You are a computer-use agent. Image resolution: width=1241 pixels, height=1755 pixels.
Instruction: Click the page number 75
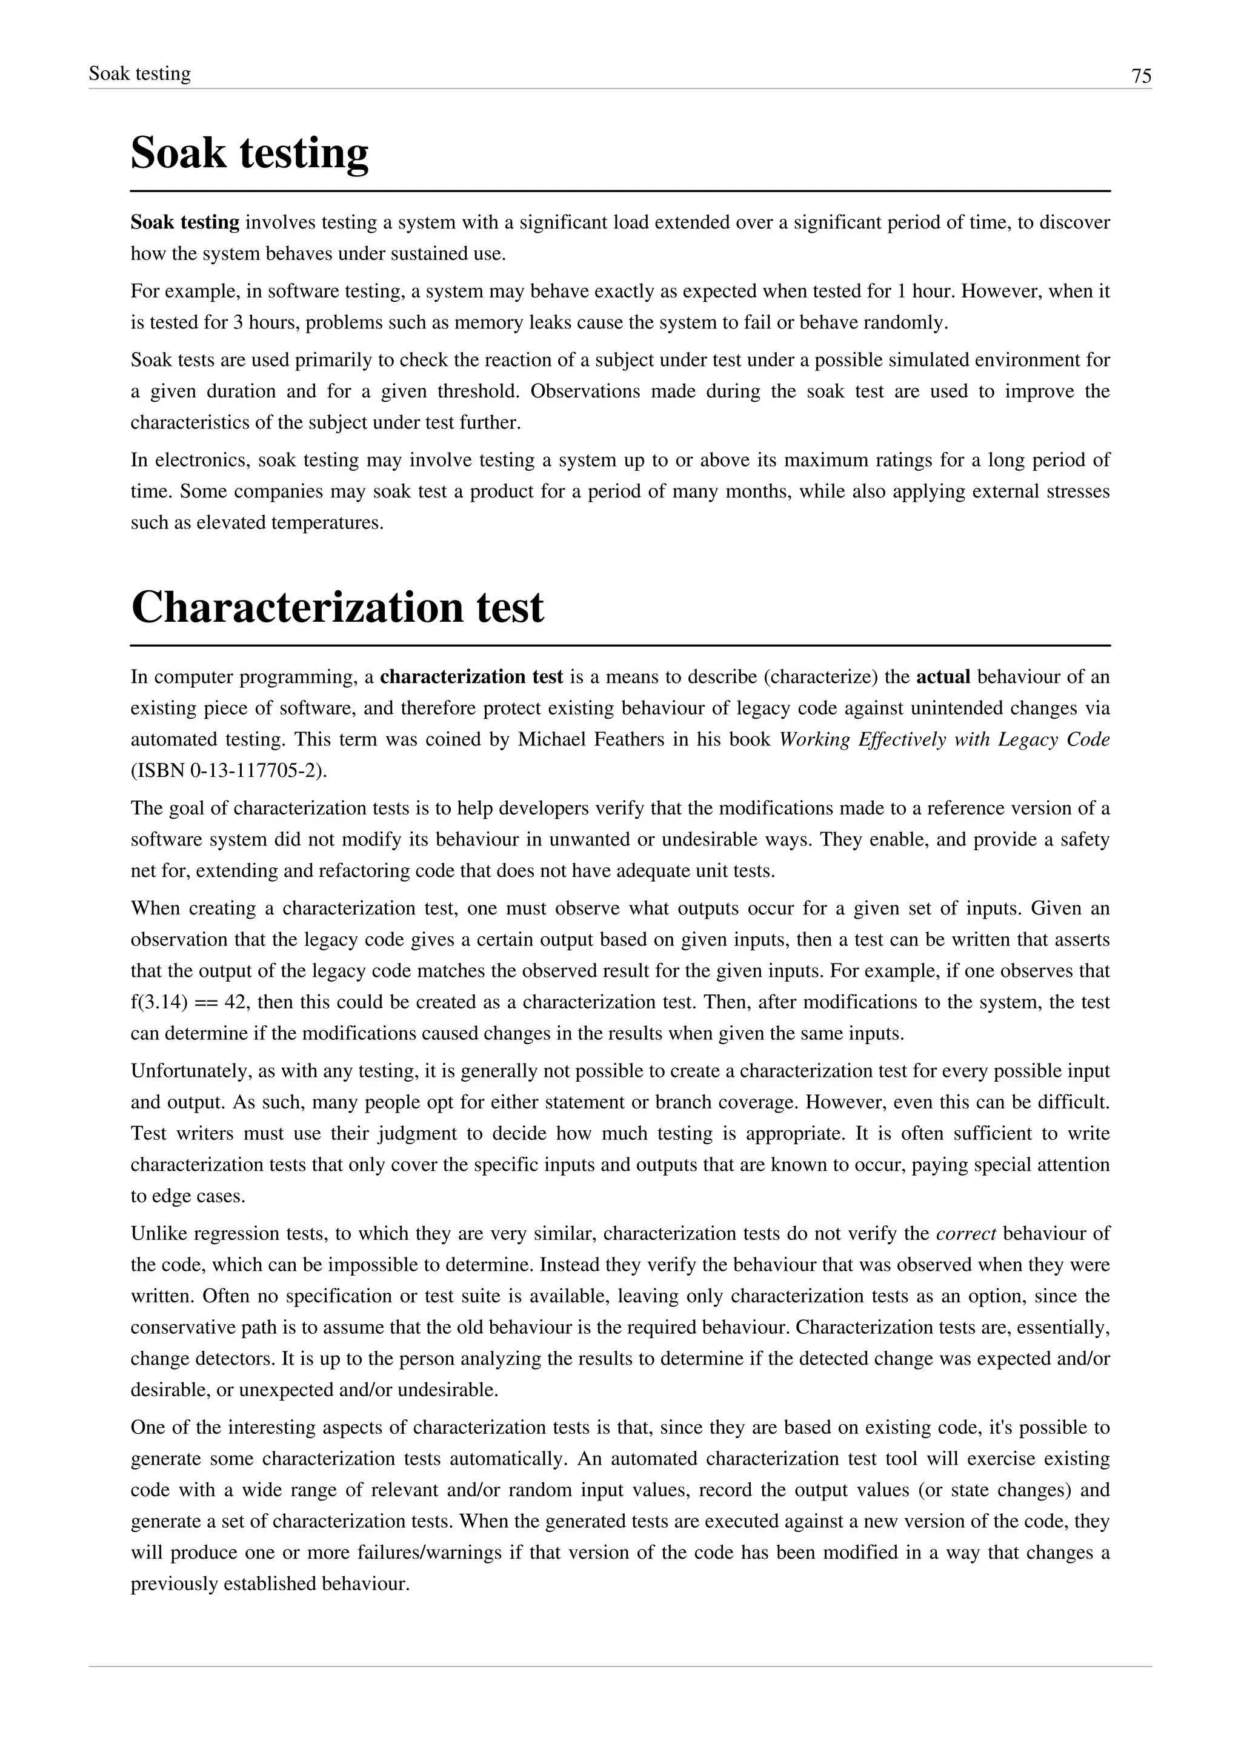[x=1141, y=76]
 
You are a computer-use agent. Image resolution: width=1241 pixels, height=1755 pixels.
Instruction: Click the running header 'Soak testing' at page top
[x=140, y=74]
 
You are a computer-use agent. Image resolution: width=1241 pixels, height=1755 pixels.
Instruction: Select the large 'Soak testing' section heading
[x=249, y=153]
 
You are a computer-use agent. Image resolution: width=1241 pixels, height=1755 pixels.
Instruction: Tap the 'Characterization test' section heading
[x=337, y=608]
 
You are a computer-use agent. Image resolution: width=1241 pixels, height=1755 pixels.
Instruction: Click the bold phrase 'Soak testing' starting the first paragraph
[x=185, y=223]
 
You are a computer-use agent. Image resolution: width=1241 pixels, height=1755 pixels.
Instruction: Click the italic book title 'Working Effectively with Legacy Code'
[x=943, y=739]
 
